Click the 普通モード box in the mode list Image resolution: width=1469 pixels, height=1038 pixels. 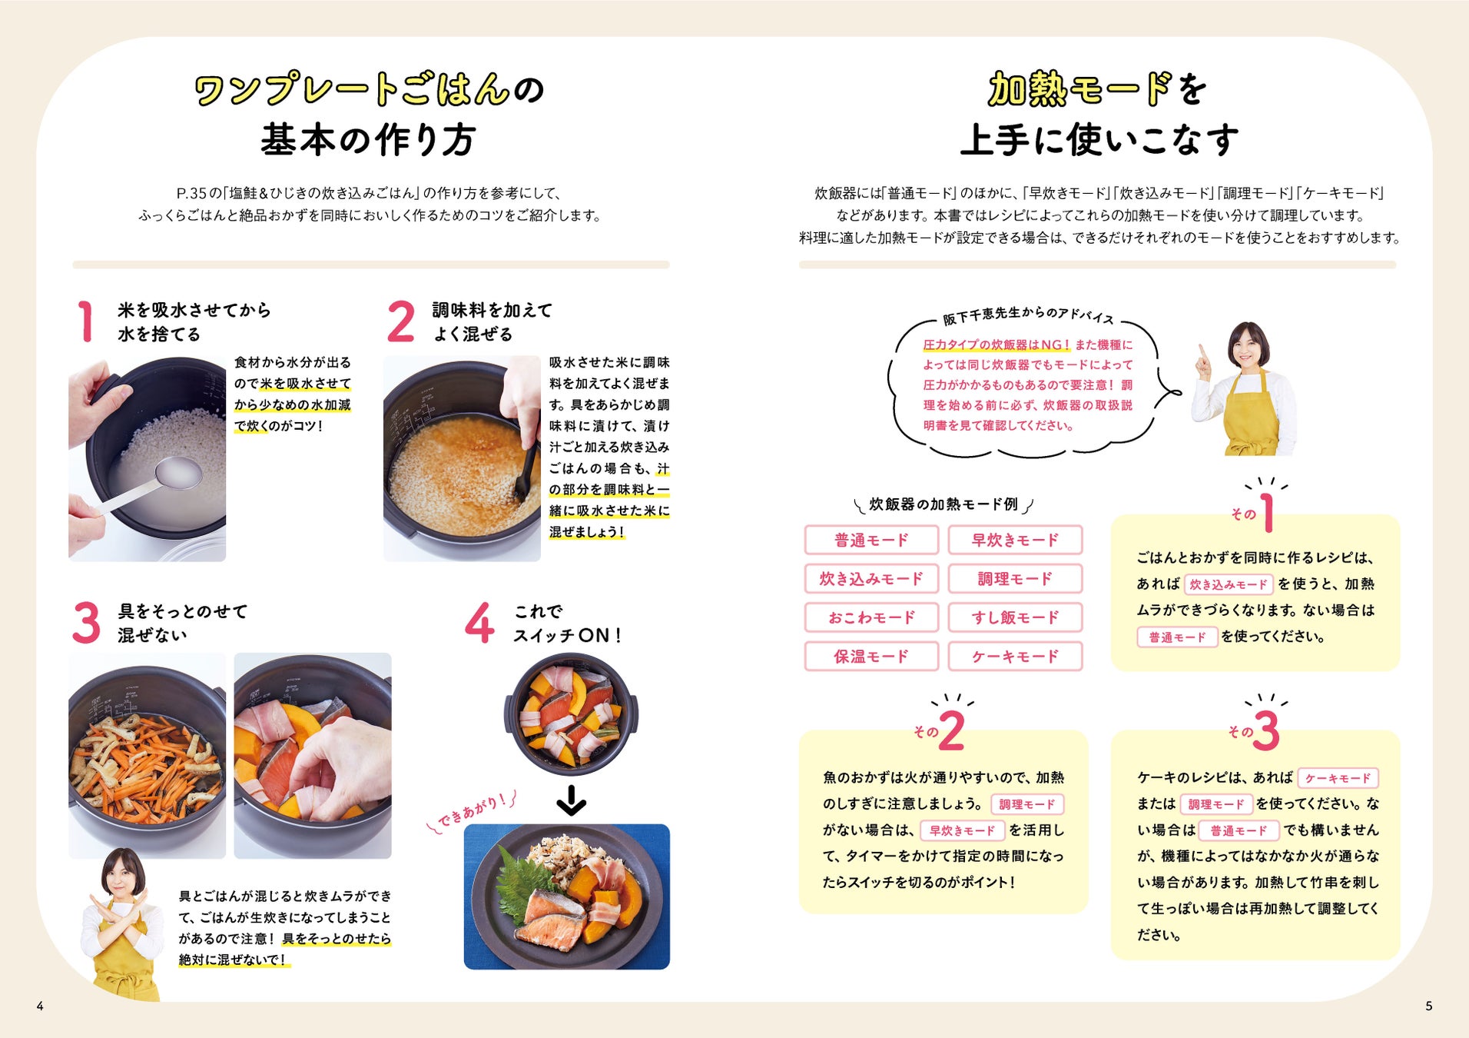871,540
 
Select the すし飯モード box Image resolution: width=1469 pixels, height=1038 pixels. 1014,617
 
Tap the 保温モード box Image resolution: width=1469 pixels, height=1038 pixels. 871,656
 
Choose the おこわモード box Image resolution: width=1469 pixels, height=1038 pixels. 871,617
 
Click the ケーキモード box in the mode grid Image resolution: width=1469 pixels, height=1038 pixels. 1014,656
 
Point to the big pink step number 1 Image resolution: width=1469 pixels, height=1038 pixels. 86,321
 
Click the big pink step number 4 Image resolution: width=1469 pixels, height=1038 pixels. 479,623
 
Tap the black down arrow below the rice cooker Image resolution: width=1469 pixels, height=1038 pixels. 571,800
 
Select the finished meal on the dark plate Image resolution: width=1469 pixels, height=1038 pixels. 567,897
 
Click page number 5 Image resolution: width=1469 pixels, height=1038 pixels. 1428,1006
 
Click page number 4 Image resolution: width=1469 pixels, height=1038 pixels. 40,1006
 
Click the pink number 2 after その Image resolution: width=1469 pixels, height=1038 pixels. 951,730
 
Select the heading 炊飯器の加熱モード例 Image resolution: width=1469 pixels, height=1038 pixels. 943,504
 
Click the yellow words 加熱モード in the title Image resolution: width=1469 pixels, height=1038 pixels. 1080,90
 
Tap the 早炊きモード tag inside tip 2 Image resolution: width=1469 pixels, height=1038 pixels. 961,830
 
